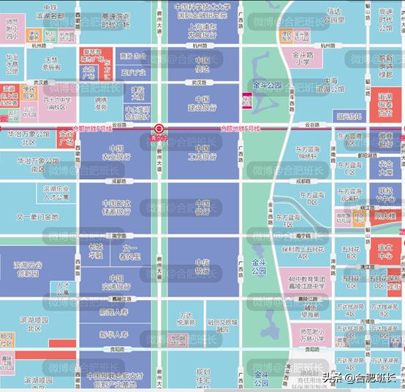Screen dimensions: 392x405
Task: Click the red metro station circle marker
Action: [x=159, y=128]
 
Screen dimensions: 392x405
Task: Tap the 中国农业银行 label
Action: [x=116, y=152]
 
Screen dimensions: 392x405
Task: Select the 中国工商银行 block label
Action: [x=202, y=152]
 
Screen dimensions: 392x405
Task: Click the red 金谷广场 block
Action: [x=67, y=138]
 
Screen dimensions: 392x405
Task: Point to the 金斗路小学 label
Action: [x=303, y=58]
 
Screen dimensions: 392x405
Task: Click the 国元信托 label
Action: [x=348, y=115]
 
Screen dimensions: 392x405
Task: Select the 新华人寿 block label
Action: [x=113, y=334]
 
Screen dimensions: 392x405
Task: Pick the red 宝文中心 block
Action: [x=385, y=252]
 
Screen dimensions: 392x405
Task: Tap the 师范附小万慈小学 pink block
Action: [x=305, y=335]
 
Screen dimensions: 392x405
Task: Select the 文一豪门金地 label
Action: [x=37, y=217]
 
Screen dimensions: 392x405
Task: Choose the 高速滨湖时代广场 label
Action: [x=115, y=20]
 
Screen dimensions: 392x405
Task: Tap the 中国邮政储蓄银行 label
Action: [x=116, y=208]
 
